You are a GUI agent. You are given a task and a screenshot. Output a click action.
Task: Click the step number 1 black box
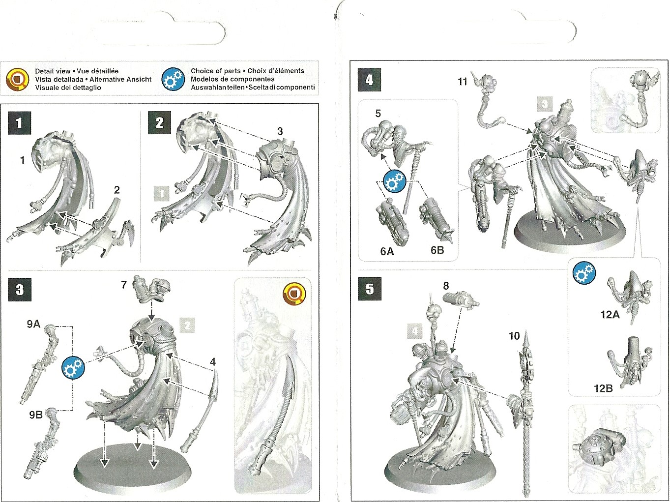[x=19, y=123]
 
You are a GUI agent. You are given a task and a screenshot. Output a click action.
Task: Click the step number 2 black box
[x=159, y=123]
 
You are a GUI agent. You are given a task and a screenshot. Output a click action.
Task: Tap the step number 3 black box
[x=20, y=290]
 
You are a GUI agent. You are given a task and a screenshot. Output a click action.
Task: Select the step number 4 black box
[x=370, y=80]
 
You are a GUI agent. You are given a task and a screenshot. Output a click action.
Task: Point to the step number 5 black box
[x=370, y=289]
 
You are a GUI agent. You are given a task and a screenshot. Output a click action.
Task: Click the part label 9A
[x=33, y=324]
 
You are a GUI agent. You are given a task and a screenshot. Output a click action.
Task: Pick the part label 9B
[x=36, y=414]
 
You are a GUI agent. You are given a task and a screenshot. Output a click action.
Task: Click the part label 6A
[x=387, y=251]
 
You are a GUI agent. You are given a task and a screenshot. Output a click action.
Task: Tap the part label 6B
[x=437, y=250]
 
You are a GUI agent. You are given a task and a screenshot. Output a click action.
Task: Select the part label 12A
[x=610, y=315]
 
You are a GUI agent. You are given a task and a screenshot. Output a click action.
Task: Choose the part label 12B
[x=603, y=388]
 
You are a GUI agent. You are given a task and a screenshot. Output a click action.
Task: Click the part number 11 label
[x=462, y=82]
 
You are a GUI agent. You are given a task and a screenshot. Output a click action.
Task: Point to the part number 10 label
[x=514, y=336]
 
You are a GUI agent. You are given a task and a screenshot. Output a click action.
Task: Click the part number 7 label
[x=124, y=285]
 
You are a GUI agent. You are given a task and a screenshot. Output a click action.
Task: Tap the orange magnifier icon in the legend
[x=18, y=79]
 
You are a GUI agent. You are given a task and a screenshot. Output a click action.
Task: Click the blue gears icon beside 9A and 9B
[x=73, y=367]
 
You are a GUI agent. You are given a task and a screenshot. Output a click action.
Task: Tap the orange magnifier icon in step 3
[x=294, y=295]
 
